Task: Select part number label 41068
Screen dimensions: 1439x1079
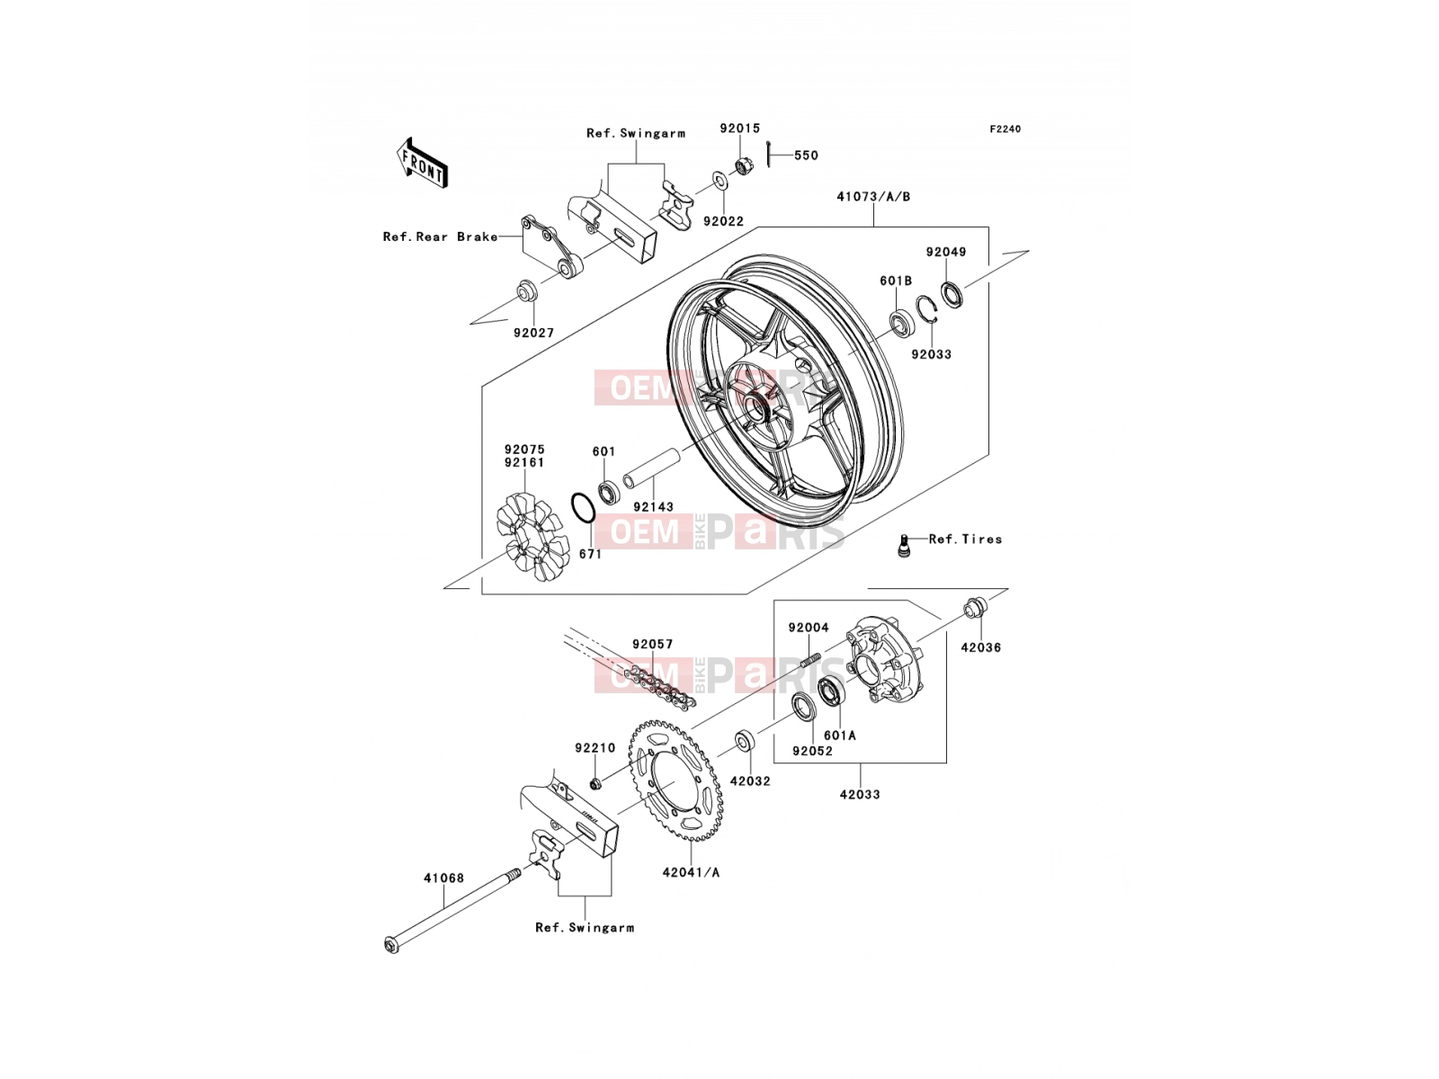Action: [443, 878]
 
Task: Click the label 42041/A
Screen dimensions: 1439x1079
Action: [691, 872]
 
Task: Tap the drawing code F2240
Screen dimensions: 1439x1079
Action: [1005, 129]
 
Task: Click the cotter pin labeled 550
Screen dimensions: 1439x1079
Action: [768, 155]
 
